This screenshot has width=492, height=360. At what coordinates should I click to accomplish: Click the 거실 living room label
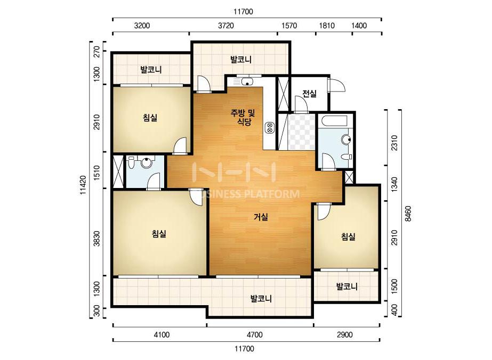point(261,217)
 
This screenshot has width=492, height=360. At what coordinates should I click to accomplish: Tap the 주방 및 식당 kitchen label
point(243,117)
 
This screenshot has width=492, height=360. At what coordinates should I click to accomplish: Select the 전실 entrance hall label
point(309,93)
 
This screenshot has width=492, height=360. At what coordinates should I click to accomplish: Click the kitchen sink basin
point(247,82)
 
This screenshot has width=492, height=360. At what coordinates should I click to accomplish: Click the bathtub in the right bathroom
point(334,121)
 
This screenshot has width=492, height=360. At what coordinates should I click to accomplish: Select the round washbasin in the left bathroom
point(147,162)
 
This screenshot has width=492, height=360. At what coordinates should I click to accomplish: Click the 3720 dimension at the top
point(226,26)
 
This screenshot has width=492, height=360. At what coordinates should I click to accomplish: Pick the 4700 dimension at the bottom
point(254,334)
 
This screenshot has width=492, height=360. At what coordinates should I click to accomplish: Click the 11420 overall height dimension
point(83,185)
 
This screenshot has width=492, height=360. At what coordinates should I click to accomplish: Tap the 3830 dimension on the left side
point(97,239)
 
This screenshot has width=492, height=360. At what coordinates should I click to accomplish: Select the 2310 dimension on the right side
point(394,143)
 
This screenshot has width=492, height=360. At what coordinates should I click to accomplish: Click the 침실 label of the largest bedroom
point(159,234)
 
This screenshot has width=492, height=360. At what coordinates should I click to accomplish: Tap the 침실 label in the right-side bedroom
point(348,236)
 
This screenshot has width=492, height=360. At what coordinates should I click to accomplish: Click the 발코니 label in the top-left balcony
point(151,69)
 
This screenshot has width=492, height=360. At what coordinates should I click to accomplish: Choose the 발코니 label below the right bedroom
point(346,287)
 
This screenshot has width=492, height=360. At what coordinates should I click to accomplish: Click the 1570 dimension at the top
point(289,26)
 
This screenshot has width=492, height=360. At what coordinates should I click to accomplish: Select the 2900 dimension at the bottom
point(344,334)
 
